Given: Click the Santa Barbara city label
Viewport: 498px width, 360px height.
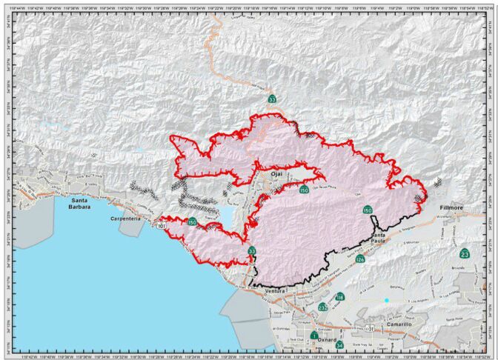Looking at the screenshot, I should [81, 204].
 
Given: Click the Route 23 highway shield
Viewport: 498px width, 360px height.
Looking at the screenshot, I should [465, 254].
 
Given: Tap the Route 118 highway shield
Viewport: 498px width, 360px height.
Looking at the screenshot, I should [339, 297].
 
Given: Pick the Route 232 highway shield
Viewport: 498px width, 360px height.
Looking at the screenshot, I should [322, 307].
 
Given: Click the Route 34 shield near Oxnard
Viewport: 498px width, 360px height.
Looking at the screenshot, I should [339, 345].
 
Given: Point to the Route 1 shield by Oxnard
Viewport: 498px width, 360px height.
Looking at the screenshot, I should [315, 335].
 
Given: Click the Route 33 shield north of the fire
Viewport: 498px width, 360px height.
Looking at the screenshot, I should [272, 99].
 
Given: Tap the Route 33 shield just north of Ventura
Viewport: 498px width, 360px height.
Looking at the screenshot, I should [252, 251].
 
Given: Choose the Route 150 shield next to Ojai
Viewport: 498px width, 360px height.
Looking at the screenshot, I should [304, 190].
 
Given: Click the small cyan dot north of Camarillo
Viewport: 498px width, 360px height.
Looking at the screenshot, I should [386, 300].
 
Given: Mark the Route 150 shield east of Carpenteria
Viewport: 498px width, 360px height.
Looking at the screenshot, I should [191, 222].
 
